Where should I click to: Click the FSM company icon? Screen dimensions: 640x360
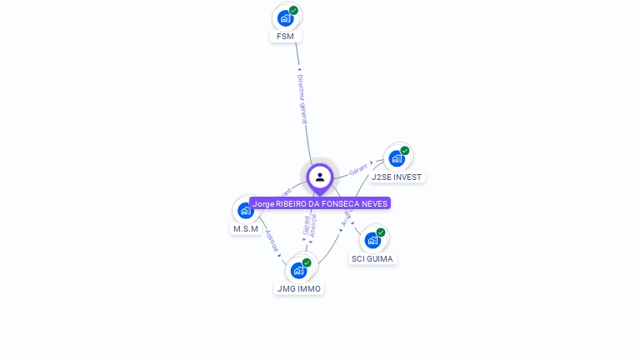click(x=286, y=17)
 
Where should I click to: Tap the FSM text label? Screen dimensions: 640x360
click(x=285, y=37)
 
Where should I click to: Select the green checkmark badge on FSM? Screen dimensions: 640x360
click(x=293, y=11)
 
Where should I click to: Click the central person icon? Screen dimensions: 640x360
click(x=320, y=177)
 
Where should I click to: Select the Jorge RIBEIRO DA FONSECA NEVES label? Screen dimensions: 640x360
click(x=320, y=203)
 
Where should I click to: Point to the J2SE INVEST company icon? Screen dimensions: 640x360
click(x=397, y=157)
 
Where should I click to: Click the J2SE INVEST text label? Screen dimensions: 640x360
click(x=397, y=177)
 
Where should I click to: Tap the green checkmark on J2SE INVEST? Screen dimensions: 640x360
click(x=405, y=151)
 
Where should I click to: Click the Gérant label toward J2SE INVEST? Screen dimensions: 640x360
click(x=358, y=169)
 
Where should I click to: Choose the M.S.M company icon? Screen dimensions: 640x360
click(x=245, y=210)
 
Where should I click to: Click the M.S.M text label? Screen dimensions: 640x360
click(x=246, y=229)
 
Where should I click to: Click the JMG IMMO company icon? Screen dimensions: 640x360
click(x=298, y=270)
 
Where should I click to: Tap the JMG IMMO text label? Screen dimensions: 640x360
click(x=298, y=289)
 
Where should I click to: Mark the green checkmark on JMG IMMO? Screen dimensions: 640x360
click(x=307, y=262)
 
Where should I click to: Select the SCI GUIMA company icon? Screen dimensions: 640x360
click(x=372, y=240)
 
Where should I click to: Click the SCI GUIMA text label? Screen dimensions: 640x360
click(x=372, y=259)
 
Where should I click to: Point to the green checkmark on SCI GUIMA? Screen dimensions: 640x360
click(x=381, y=232)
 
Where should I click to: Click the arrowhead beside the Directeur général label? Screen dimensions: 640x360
click(x=299, y=69)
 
